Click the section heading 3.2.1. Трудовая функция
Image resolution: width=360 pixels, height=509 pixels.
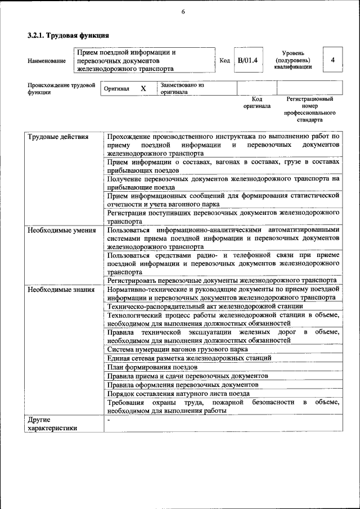coord(69,35)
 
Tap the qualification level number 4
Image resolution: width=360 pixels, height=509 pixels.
coord(333,60)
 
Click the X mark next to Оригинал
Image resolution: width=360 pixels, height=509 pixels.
coord(143,89)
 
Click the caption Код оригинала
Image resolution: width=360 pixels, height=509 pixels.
coord(257,102)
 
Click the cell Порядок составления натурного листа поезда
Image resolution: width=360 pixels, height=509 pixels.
coord(178,394)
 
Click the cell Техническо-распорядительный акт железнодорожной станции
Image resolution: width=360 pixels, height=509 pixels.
coord(205,307)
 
